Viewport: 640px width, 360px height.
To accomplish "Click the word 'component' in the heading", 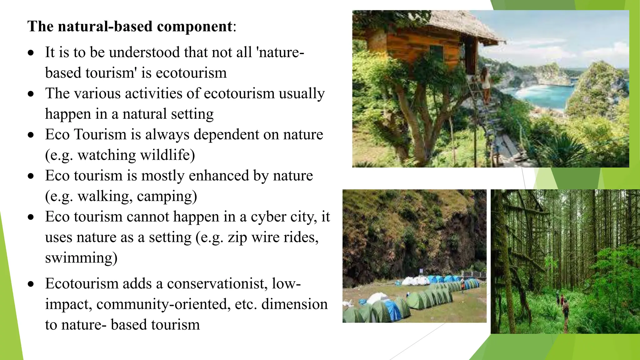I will tap(194, 27).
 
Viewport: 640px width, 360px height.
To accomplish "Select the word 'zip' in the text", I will tap(237, 237).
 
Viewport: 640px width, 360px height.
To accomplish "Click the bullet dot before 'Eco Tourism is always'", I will tap(31, 135).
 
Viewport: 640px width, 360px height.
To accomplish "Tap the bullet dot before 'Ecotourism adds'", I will tap(31, 284).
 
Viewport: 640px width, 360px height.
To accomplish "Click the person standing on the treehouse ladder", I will tap(486, 83).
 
